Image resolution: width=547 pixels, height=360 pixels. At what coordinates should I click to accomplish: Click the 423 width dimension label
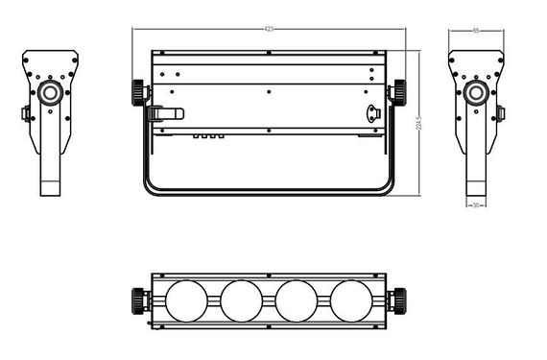point(269,30)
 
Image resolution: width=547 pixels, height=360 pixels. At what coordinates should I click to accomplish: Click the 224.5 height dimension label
point(418,123)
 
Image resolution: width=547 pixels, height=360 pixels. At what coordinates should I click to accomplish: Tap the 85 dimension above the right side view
point(476,31)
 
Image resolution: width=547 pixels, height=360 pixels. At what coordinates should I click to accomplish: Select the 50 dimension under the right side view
point(476,204)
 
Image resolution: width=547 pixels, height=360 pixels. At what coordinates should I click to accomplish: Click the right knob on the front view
point(395,92)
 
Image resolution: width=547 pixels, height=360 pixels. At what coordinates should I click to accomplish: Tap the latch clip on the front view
point(165,113)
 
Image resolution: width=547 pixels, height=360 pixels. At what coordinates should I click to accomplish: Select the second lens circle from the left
point(239,300)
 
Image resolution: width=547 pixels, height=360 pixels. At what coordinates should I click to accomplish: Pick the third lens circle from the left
point(296,300)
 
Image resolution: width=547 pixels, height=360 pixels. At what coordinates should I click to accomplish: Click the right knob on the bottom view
point(395,300)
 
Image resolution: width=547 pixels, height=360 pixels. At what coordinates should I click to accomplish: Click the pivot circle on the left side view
point(49,93)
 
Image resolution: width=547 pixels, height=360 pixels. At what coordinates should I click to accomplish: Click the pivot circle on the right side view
point(476,93)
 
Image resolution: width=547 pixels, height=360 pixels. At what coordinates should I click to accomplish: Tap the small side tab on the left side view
point(26,114)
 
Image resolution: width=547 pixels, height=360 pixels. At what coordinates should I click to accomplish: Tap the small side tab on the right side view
point(500,114)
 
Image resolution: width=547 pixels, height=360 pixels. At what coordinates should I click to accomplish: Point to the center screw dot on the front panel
point(269,91)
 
